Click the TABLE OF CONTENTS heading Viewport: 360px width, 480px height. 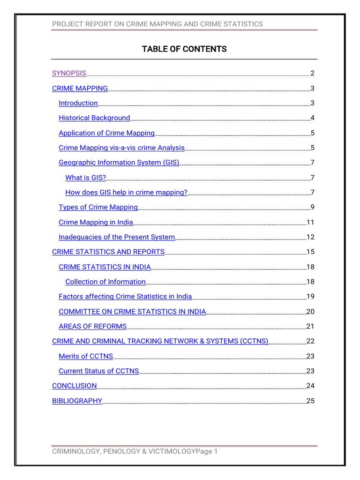pos(184,49)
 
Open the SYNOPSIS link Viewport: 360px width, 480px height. pos(69,73)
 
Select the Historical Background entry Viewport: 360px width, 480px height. pos(94,118)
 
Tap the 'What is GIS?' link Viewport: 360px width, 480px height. pos(86,178)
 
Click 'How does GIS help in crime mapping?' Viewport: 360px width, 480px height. pos(126,192)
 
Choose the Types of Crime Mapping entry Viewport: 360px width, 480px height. pos(98,207)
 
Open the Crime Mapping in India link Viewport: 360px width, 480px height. pos(96,222)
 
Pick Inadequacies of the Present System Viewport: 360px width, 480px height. pos(117,237)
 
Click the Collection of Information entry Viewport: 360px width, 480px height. pos(105,282)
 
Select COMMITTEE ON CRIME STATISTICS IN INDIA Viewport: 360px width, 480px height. pos(132,312)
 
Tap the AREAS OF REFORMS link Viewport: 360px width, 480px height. pos(92,326)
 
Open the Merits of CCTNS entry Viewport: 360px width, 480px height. pos(86,356)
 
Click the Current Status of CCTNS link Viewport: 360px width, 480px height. pos(98,371)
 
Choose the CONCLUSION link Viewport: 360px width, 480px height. pos(74,386)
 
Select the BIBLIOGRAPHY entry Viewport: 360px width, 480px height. pos(77,401)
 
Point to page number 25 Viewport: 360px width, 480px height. pos(310,401)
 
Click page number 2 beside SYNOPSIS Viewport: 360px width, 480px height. pos(312,73)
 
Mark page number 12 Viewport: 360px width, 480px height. pos(310,237)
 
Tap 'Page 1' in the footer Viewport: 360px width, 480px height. pos(207,451)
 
